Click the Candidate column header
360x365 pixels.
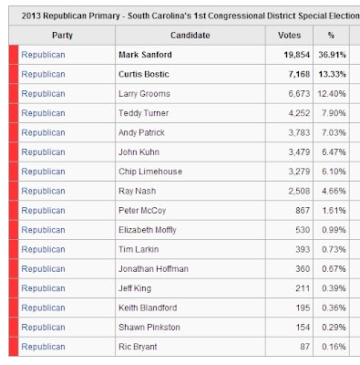point(190,36)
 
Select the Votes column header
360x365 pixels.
point(289,36)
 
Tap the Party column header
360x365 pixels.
point(62,36)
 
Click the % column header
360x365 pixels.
point(331,36)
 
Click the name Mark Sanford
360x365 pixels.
point(145,55)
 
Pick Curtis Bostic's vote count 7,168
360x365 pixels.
point(299,74)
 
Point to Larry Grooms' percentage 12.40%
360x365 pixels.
point(332,94)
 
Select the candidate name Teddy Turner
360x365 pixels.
point(143,113)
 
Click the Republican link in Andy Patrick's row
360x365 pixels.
point(43,132)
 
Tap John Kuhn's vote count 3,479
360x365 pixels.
point(299,152)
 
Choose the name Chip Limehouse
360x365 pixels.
point(150,172)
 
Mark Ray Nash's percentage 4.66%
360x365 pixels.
point(334,191)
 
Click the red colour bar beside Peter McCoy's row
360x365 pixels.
point(14,211)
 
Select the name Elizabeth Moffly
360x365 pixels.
point(148,230)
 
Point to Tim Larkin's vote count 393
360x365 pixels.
point(303,249)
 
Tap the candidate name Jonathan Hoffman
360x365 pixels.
point(153,269)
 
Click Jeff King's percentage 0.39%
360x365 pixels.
point(334,288)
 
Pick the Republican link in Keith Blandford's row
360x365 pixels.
point(43,308)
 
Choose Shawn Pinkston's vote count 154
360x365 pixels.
point(303,328)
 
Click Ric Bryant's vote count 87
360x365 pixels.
point(305,347)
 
